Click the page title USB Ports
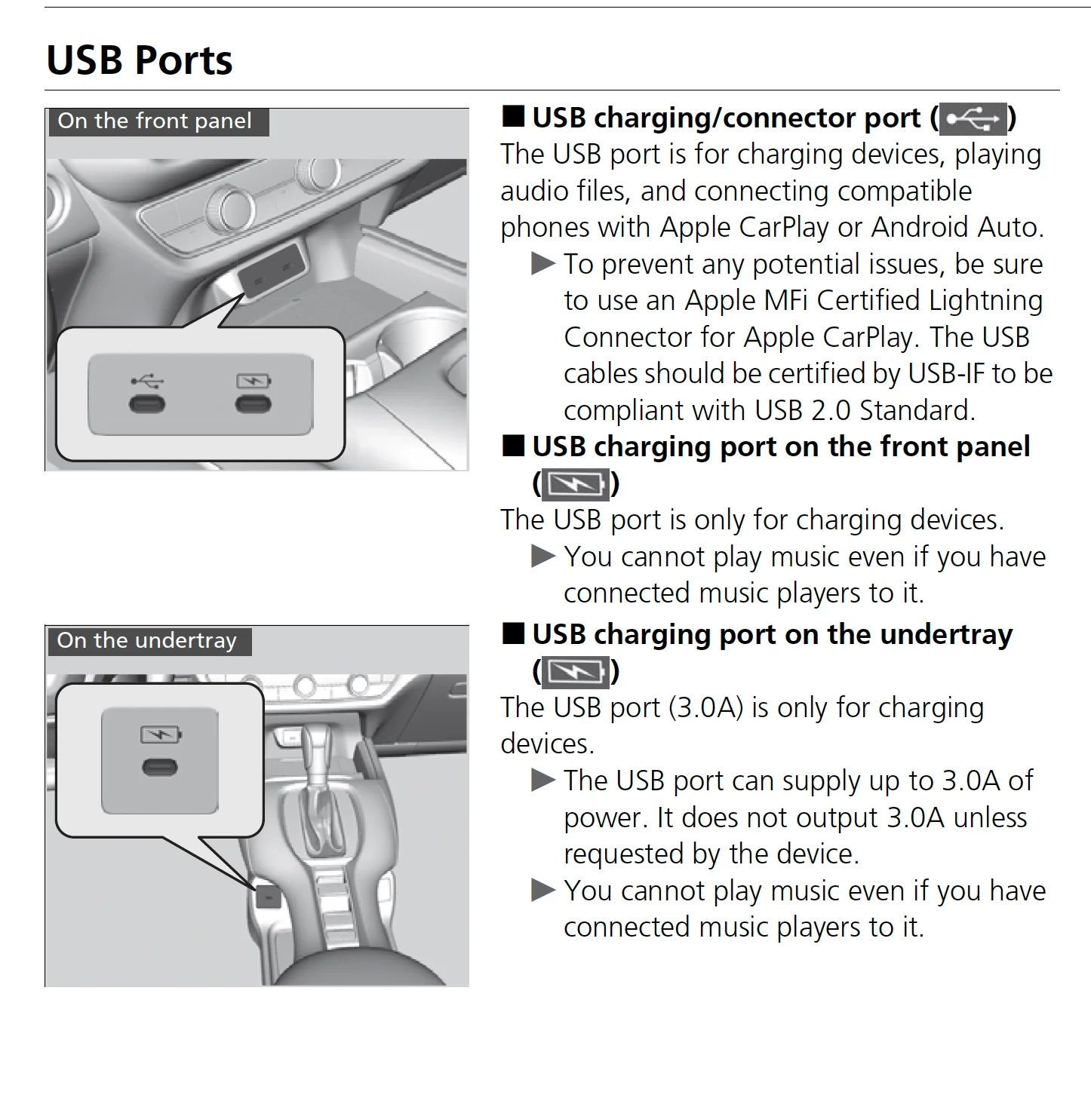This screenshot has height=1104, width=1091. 140,60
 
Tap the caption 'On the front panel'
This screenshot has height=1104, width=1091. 155,121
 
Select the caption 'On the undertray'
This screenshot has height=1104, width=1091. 147,641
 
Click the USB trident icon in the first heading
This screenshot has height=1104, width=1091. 973,119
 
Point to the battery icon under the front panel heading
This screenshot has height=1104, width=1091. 576,484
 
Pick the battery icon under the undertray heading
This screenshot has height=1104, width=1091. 576,671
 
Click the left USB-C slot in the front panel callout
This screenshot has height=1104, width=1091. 146,405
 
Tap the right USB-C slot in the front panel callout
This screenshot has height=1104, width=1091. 253,405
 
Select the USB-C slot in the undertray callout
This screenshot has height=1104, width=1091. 160,768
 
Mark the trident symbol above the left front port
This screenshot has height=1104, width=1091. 146,380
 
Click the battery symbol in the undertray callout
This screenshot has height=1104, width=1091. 161,734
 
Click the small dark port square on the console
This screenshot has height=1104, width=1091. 269,896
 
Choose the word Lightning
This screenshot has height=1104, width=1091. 985,301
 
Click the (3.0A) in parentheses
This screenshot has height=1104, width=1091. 705,708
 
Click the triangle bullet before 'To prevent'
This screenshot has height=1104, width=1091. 543,264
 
